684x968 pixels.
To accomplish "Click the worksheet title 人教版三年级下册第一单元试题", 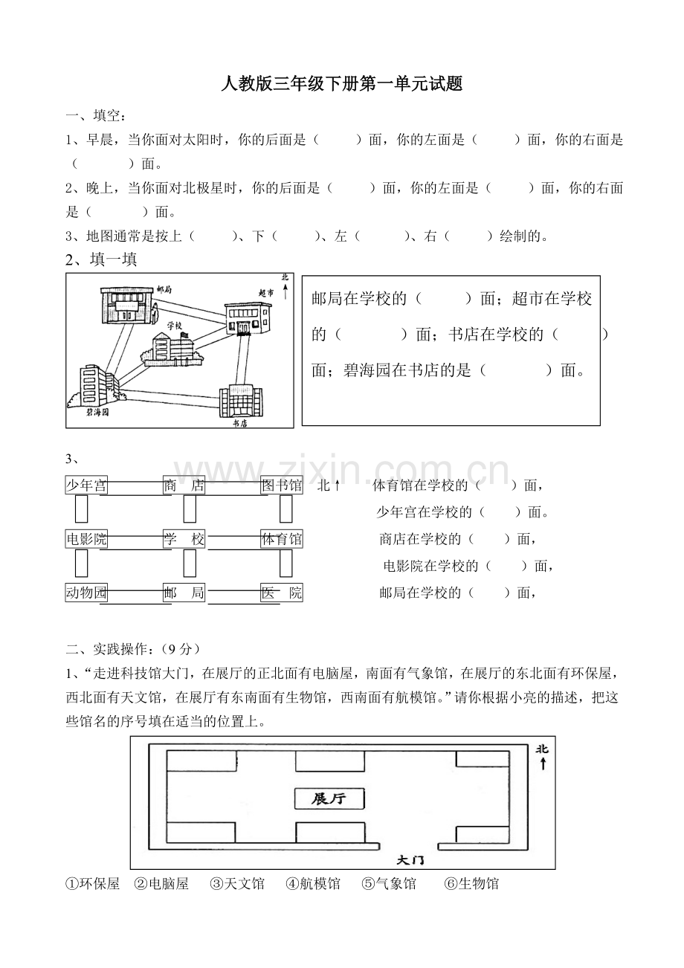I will (x=342, y=84).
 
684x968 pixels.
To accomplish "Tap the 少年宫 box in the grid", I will (x=86, y=486).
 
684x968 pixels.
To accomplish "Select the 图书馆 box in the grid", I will (x=282, y=486).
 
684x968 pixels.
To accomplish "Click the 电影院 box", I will (x=86, y=540).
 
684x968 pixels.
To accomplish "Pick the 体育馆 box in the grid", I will (x=282, y=540).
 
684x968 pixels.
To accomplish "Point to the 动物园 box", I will (x=86, y=593).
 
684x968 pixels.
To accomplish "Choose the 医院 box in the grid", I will (x=282, y=593).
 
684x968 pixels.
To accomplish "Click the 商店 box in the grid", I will (x=184, y=486).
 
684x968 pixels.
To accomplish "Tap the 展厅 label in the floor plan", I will (x=329, y=799).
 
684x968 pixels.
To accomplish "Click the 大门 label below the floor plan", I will (x=410, y=859).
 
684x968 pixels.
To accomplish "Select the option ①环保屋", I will (x=93, y=884).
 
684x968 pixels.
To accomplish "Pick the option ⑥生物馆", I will (x=471, y=884).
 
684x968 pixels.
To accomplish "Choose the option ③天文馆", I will (x=237, y=884).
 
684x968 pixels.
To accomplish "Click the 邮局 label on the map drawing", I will (x=165, y=289).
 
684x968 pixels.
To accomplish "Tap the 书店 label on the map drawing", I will (x=239, y=422).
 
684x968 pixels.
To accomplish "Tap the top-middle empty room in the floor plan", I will (x=330, y=761).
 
